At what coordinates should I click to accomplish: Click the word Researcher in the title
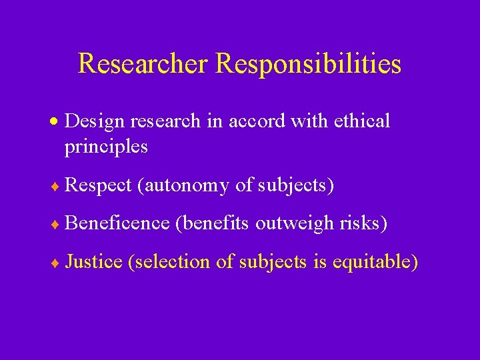[x=144, y=64]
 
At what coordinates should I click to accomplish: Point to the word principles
[x=106, y=147]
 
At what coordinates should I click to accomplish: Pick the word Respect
[x=99, y=185]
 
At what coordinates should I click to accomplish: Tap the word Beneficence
[x=118, y=223]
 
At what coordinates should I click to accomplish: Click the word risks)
[x=360, y=223]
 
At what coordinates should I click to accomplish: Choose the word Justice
[x=94, y=261]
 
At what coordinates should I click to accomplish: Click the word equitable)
[x=379, y=261]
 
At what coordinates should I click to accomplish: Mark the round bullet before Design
[x=57, y=122]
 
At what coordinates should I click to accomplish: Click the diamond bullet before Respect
[x=57, y=187]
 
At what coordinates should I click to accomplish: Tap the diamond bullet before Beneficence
[x=57, y=225]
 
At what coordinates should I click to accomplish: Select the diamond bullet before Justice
[x=57, y=263]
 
